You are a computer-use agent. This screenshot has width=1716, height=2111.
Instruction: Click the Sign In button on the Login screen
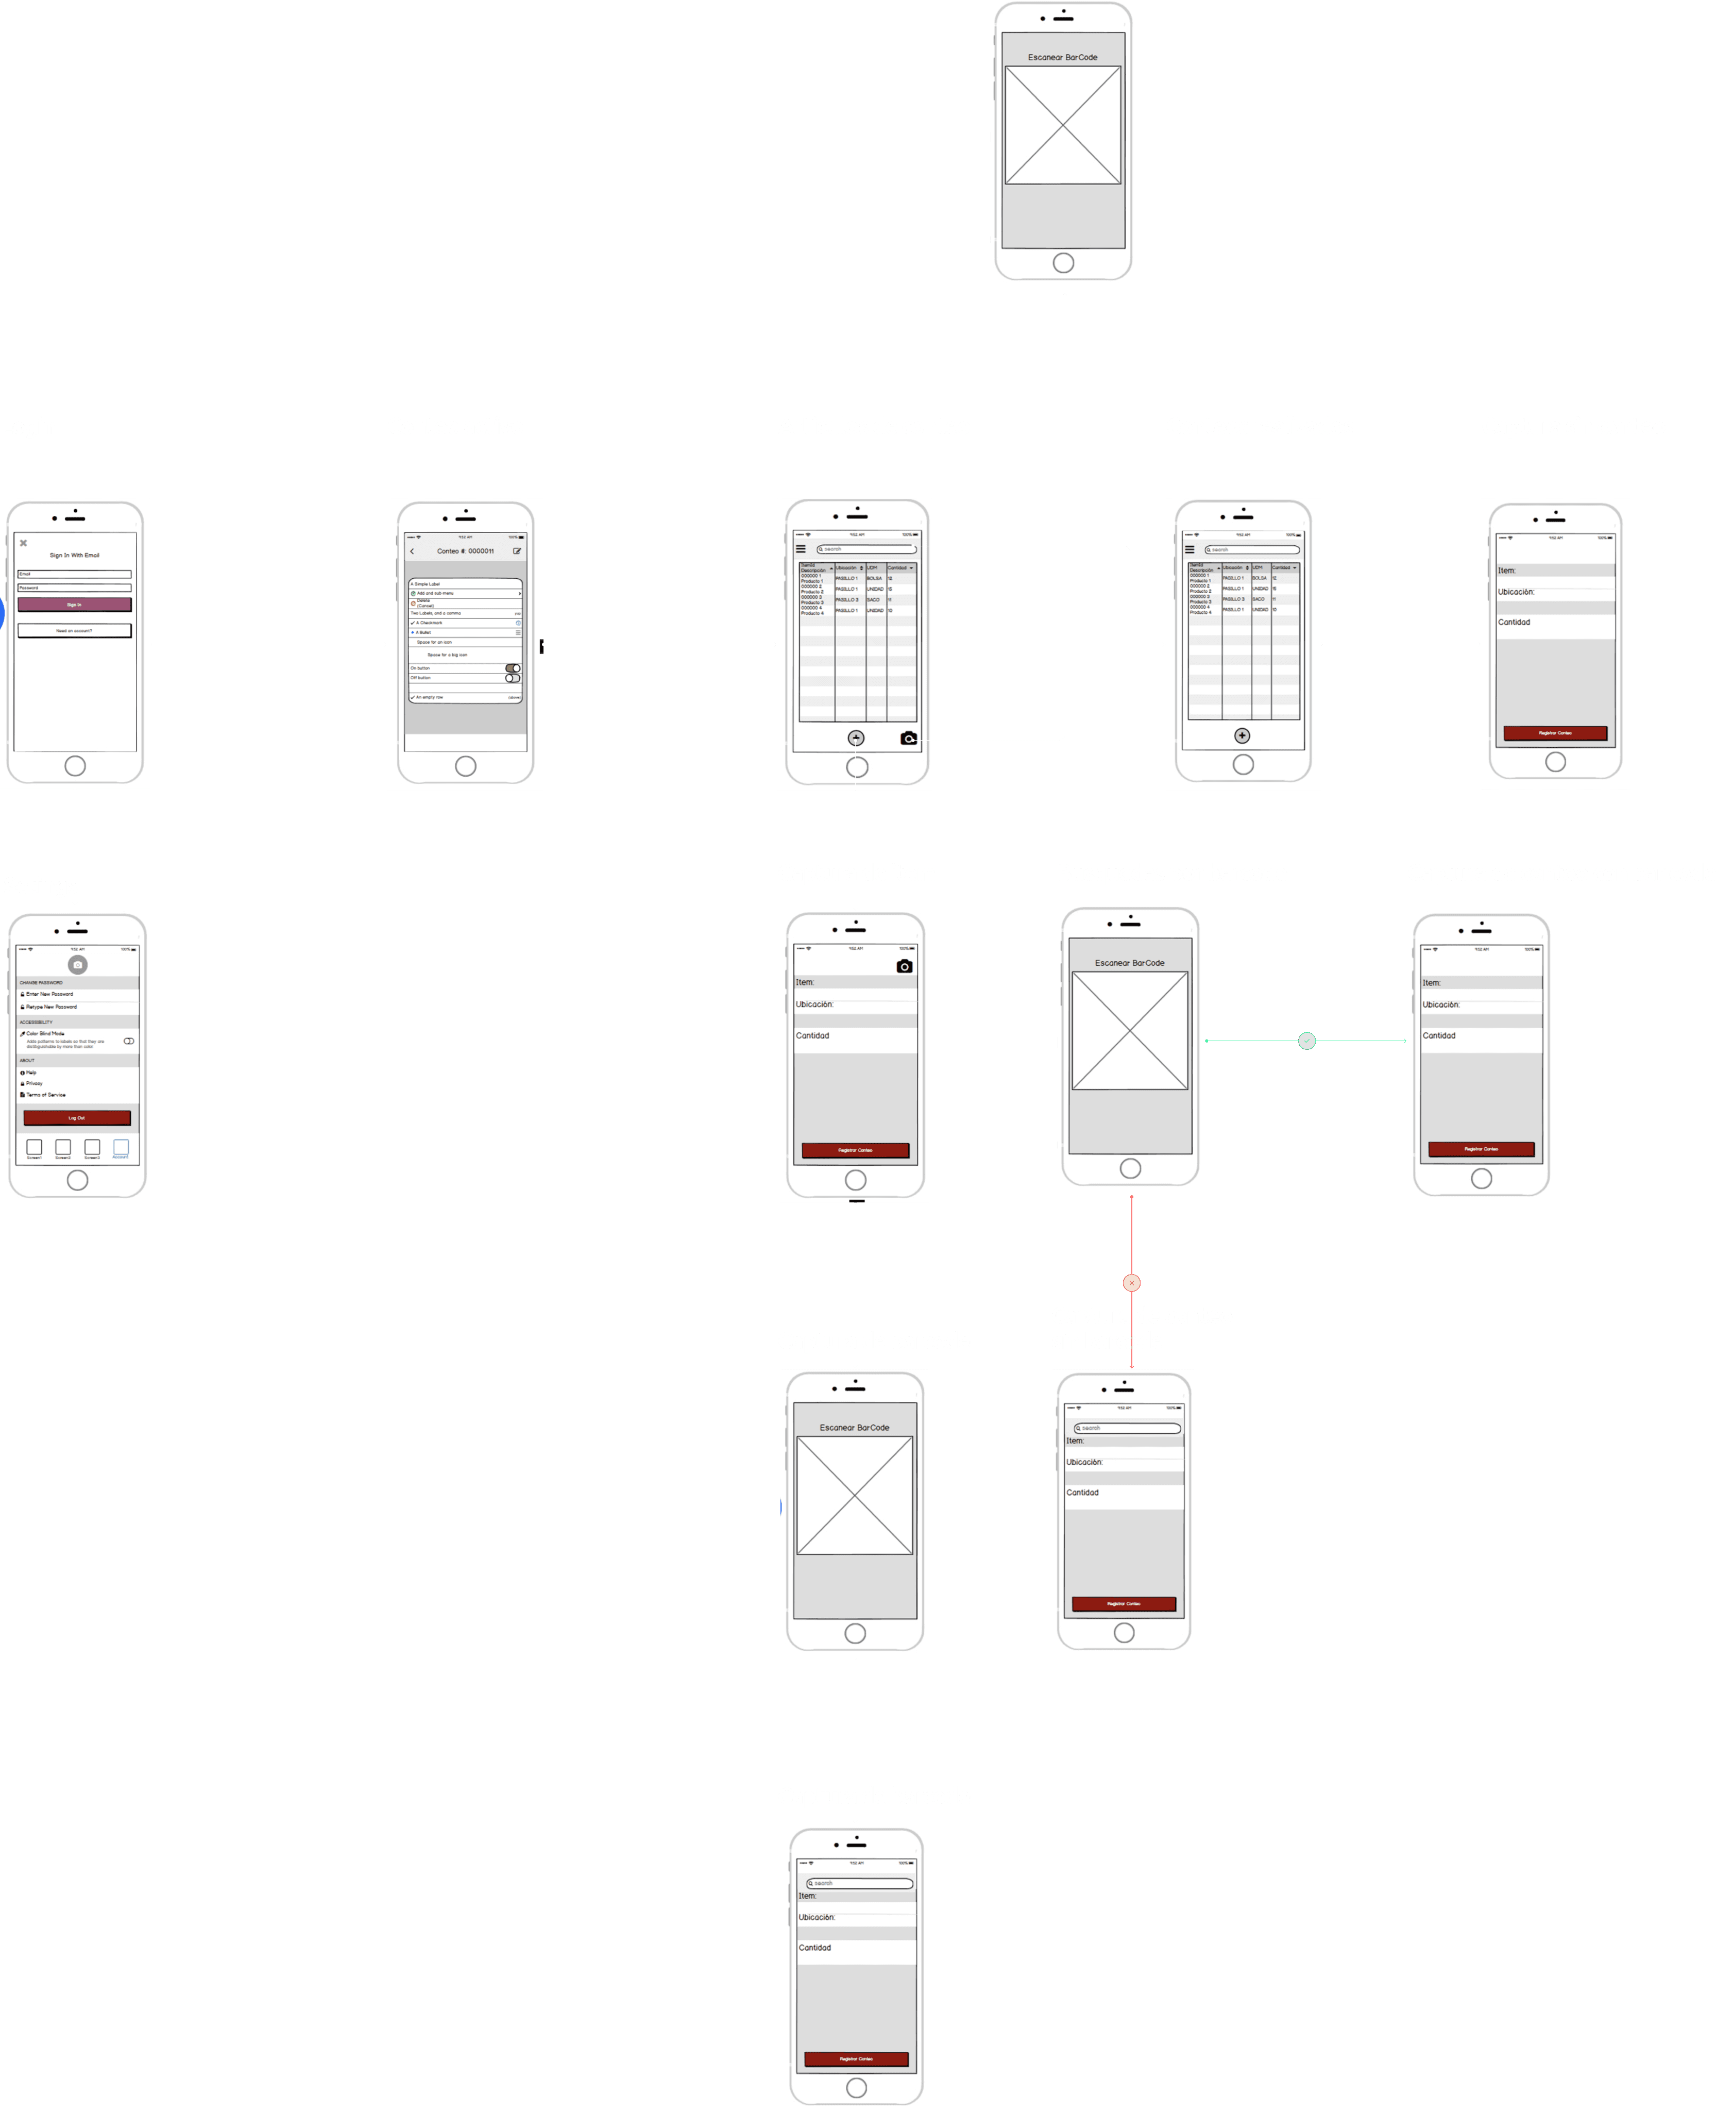[74, 604]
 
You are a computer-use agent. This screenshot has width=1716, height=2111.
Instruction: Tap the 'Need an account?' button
[74, 631]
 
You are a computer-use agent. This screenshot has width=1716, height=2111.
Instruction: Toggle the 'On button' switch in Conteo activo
[513, 668]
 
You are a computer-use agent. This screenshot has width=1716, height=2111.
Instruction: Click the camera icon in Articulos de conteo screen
[908, 739]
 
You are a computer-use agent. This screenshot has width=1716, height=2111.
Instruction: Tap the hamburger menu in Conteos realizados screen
[1189, 550]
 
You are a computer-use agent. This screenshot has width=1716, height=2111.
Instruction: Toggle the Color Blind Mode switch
[128, 1041]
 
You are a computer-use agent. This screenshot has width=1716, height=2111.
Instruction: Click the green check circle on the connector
[1307, 1041]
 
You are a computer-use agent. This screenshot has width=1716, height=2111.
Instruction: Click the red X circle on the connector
[1132, 1283]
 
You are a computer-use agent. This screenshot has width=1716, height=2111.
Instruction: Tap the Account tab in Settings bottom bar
[121, 1148]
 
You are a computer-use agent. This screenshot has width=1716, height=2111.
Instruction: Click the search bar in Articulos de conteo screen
[866, 549]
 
